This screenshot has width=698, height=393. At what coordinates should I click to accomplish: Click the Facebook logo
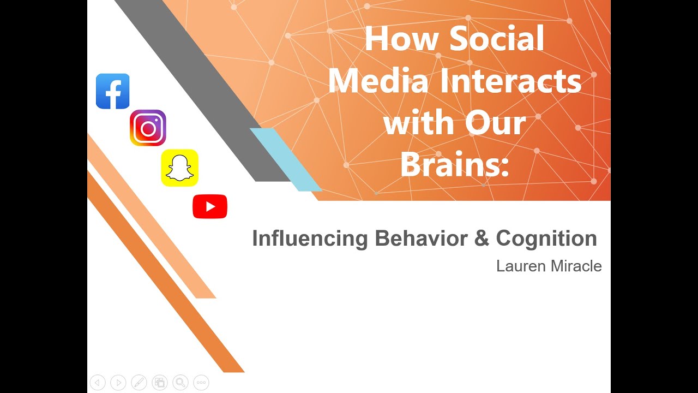pyautogui.click(x=113, y=91)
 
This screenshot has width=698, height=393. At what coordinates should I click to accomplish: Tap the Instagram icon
pyautogui.click(x=148, y=128)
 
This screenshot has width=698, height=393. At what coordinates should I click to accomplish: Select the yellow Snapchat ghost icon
pyautogui.click(x=179, y=168)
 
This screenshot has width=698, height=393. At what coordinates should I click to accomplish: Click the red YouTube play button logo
pyautogui.click(x=210, y=207)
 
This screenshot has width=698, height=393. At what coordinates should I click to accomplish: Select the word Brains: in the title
pyautogui.click(x=454, y=164)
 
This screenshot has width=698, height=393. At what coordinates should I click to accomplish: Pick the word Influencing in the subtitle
pyautogui.click(x=310, y=239)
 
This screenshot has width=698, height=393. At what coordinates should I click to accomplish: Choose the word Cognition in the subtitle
pyautogui.click(x=546, y=239)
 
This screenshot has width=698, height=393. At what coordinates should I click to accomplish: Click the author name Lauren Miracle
pyautogui.click(x=549, y=266)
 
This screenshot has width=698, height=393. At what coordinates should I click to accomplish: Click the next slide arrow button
pyautogui.click(x=118, y=383)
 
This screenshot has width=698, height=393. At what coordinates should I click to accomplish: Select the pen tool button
pyautogui.click(x=139, y=383)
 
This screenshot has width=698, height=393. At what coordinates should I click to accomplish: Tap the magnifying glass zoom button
pyautogui.click(x=180, y=383)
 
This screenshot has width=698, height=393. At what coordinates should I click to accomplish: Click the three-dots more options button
pyautogui.click(x=201, y=383)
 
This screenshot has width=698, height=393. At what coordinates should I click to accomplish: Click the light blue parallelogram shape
pyautogui.click(x=285, y=159)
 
